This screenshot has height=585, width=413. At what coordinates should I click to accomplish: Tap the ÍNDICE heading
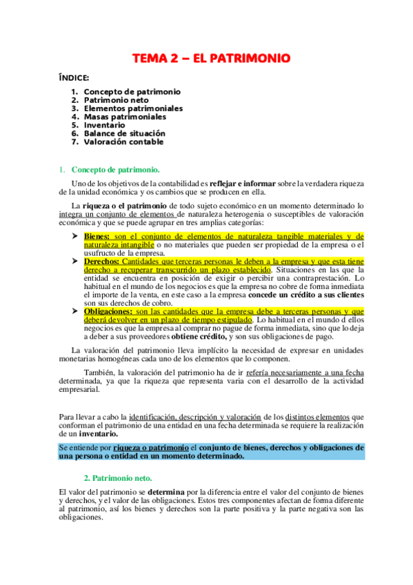74,78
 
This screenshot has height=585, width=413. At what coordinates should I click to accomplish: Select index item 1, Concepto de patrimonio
132,91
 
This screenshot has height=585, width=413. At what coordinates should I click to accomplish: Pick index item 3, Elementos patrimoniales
133,108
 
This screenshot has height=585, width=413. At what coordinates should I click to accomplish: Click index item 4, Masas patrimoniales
125,117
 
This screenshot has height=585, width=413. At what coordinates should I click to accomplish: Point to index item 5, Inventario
105,125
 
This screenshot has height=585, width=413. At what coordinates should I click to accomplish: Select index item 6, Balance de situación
124,133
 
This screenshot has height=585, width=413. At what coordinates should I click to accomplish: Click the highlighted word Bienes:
97,236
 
